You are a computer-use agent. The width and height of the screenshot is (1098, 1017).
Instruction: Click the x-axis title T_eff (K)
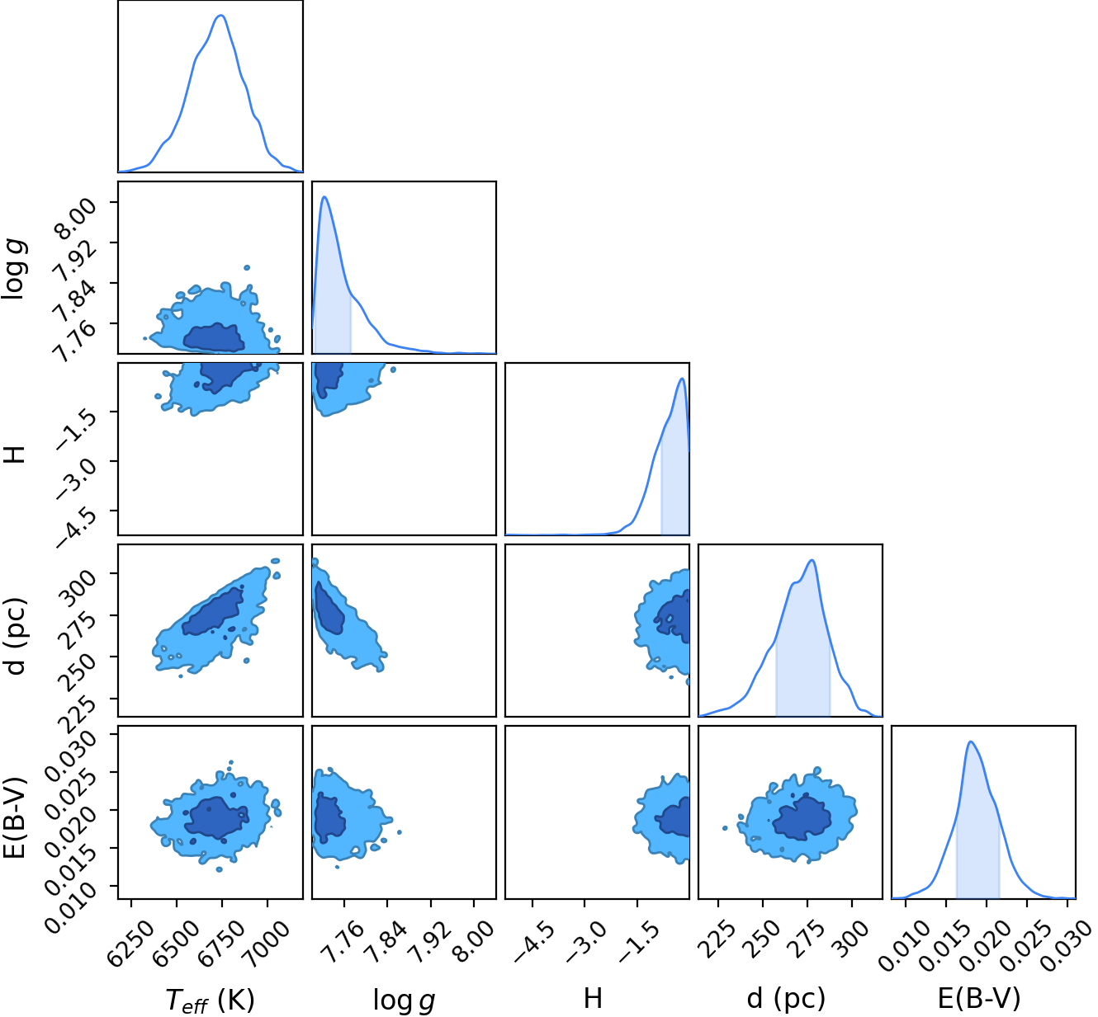[x=210, y=1000]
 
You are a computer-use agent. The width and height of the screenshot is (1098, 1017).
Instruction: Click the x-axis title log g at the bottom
[x=405, y=1001]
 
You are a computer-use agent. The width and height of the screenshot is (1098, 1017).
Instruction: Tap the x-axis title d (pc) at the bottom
[x=786, y=1000]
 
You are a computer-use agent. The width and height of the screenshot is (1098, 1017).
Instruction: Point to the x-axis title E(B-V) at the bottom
[x=979, y=1000]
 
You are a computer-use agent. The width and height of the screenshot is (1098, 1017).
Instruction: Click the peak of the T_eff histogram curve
[x=220, y=15]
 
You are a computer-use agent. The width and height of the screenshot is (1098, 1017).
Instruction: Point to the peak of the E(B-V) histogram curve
[x=970, y=742]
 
